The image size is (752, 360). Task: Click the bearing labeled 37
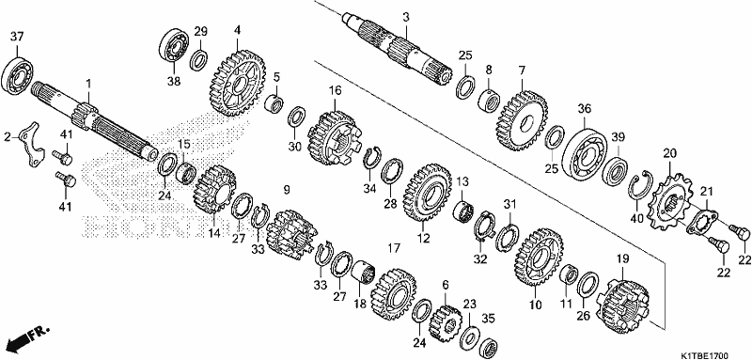pos(17,76)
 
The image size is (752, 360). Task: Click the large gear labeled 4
pos(238,84)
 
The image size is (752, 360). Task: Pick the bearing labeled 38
pos(174,47)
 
